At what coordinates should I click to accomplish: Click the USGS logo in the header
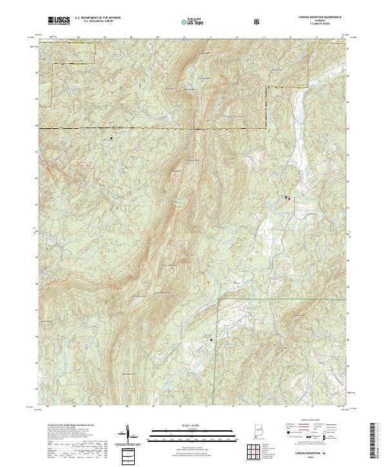tap(59, 21)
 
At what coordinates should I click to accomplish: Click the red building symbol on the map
tap(289, 198)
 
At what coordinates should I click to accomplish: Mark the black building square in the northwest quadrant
tap(112, 138)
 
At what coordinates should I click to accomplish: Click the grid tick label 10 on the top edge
tap(185, 39)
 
